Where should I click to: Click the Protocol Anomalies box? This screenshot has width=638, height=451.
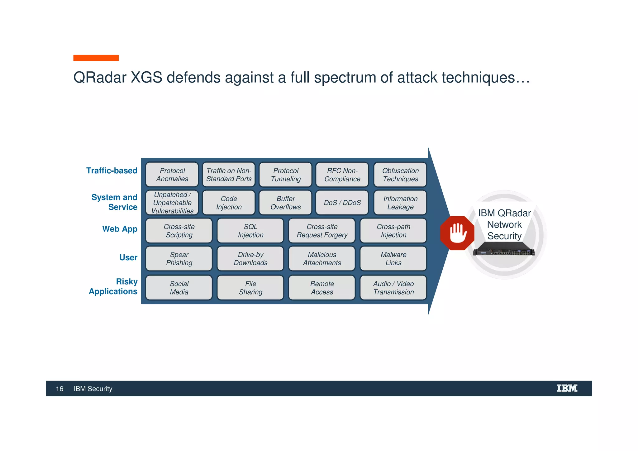click(x=172, y=175)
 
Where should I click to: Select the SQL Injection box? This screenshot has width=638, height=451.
click(x=250, y=231)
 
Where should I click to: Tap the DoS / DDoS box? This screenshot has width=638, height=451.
click(x=342, y=203)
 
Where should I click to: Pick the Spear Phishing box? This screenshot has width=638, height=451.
click(x=179, y=259)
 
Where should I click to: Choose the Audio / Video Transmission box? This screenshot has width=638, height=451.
click(x=393, y=288)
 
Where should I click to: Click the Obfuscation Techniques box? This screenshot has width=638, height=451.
click(x=400, y=175)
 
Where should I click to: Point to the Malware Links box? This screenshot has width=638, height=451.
click(x=393, y=259)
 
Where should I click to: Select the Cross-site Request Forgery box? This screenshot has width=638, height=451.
click(x=322, y=231)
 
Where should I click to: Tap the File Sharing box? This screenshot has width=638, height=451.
click(x=250, y=288)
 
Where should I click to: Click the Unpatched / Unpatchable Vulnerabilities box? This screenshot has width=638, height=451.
click(x=172, y=203)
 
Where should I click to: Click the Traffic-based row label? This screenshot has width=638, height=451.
click(x=112, y=171)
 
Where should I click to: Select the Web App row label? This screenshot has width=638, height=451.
click(x=120, y=229)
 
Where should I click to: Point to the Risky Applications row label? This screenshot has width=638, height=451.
click(x=113, y=286)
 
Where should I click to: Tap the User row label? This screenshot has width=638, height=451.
click(x=128, y=257)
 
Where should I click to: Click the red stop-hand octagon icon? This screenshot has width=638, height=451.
click(x=457, y=233)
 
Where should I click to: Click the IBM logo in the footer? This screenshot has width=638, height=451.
click(x=567, y=388)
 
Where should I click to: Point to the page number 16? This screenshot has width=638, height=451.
click(x=60, y=389)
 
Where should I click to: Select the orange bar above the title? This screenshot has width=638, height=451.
click(x=96, y=58)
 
